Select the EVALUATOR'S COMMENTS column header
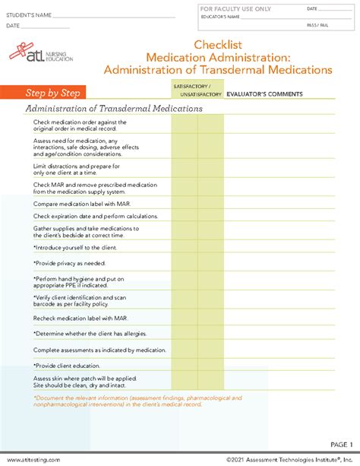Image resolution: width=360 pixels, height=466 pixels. click(265, 94)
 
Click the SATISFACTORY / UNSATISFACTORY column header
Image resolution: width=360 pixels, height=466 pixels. click(197, 91)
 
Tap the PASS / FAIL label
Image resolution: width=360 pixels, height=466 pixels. click(318, 25)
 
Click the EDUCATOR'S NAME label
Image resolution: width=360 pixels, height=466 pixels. click(220, 17)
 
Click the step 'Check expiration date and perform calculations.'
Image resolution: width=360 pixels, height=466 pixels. click(95, 217)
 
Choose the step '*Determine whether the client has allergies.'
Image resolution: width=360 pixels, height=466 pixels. click(90, 333)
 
